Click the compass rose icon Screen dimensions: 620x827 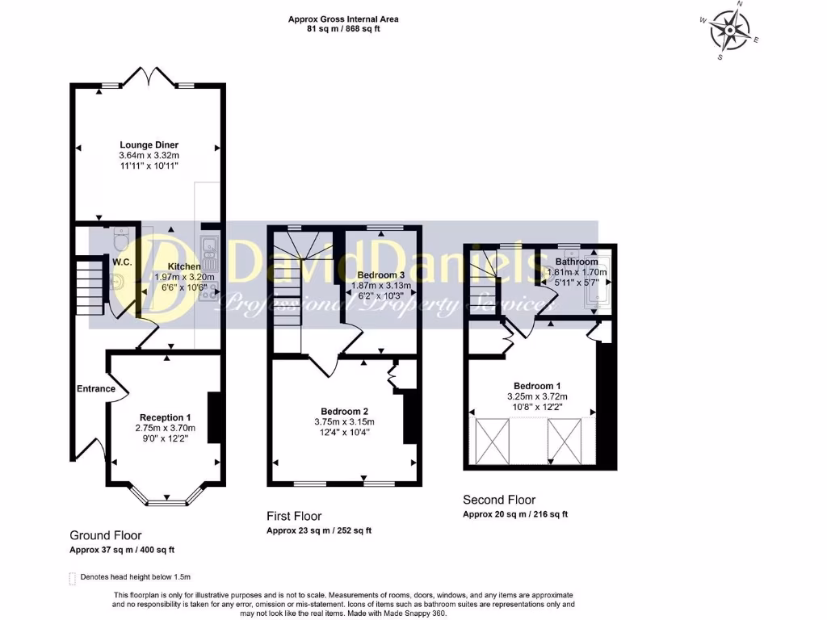(731, 31)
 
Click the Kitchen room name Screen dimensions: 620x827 (184, 266)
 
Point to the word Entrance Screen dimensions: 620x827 (96, 389)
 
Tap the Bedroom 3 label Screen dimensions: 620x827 (380, 275)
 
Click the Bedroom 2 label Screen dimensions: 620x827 (345, 411)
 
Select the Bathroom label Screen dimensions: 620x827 (577, 262)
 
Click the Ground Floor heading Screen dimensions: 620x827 (106, 535)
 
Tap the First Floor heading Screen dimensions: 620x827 (294, 516)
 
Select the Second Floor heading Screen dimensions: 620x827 (499, 500)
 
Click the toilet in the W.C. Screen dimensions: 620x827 (120, 239)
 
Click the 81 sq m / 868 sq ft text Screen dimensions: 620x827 (343, 29)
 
